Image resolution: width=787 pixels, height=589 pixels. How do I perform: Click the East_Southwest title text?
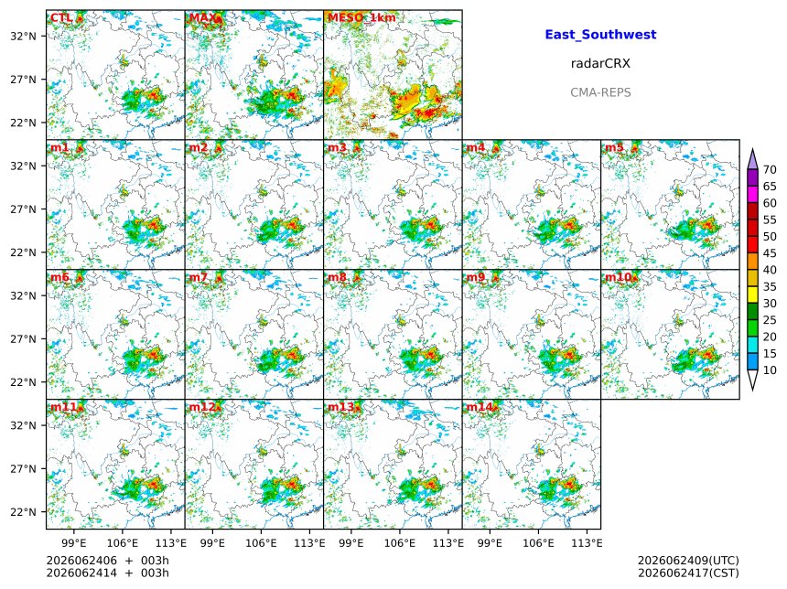600,35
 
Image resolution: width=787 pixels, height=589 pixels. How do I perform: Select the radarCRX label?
600,63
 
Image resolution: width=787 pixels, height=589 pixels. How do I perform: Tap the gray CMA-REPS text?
600,92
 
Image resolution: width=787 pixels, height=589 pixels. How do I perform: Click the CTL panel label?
61,18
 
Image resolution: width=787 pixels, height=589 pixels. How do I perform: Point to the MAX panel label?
201,18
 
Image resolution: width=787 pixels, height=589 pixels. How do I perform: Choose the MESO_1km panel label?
361,18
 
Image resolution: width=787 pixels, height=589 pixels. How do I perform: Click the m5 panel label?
614,147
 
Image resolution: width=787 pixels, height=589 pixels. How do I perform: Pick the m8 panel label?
337,277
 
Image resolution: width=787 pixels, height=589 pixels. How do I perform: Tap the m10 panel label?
618,277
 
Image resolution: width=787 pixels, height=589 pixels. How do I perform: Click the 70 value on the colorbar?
770,169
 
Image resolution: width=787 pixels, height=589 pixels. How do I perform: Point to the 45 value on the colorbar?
770,253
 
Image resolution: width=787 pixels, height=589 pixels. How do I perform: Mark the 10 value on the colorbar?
770,370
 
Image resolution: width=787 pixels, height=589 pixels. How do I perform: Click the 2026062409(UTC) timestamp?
688,561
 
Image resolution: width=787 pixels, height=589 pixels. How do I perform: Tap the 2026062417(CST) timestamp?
688,573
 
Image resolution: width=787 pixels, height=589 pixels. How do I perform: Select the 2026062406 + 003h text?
107,561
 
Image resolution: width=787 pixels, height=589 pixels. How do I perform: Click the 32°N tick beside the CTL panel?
24,36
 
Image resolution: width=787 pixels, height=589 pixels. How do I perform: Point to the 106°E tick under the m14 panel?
539,543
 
